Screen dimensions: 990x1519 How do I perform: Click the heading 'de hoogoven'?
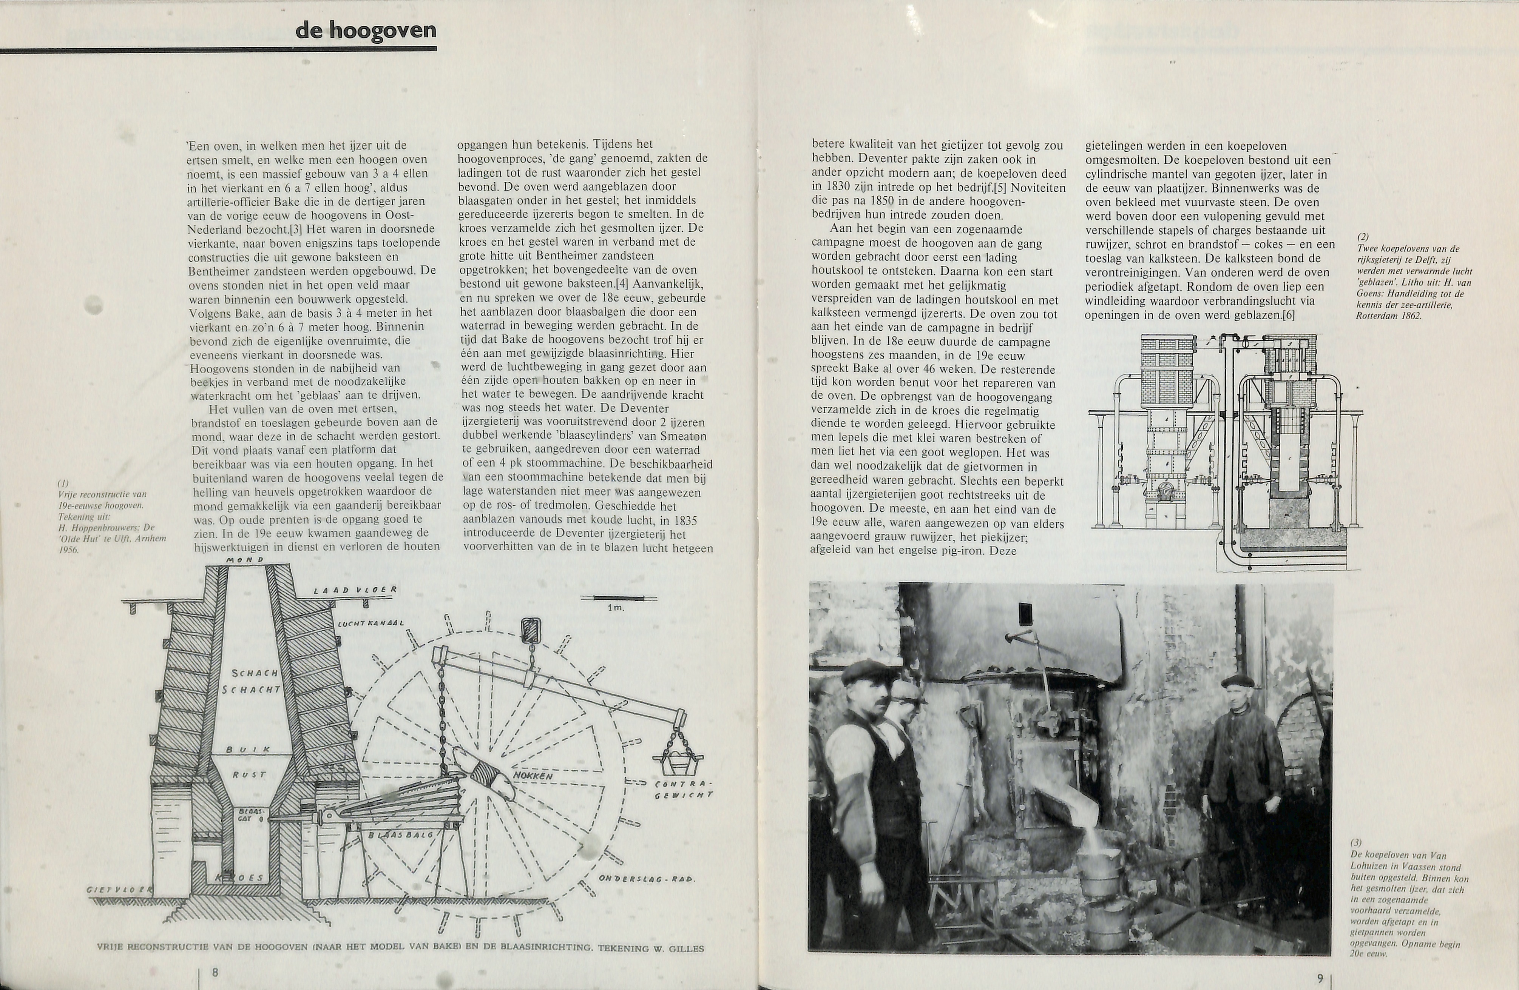pos(366,31)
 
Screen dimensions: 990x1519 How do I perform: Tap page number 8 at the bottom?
pos(215,972)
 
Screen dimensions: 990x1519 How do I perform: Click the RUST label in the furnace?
pos(249,775)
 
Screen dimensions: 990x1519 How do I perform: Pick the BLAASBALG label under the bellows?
pos(401,835)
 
